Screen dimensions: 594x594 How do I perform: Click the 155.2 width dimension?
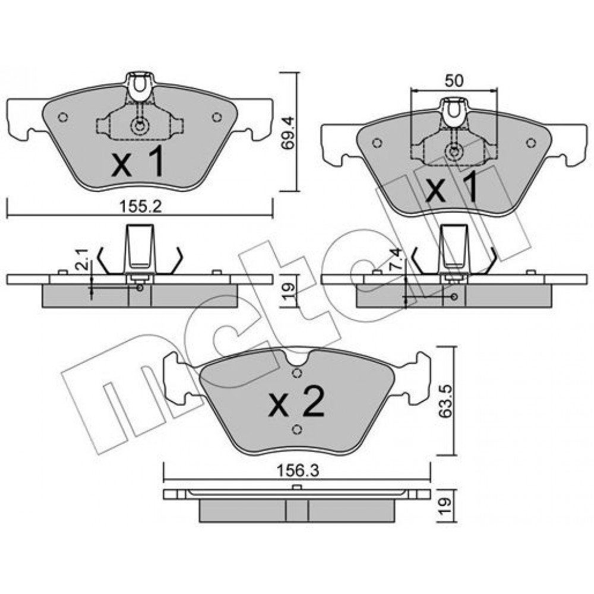coord(141,207)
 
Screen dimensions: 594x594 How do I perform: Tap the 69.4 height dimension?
coord(288,133)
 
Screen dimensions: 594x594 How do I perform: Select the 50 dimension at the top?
coord(454,81)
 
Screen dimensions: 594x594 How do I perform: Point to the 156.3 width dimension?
coord(298,471)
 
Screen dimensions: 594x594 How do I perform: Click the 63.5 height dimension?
coord(445,401)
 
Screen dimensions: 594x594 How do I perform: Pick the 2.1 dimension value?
coord(83,260)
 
